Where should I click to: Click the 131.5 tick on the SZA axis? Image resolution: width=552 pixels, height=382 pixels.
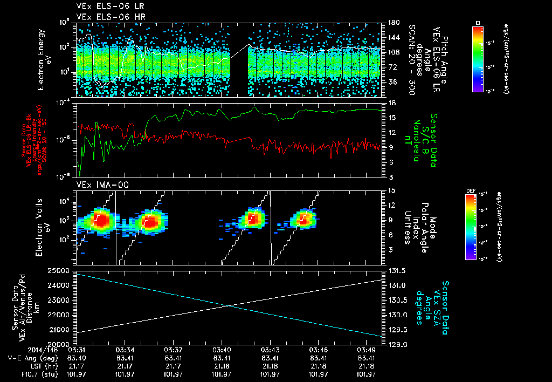click(x=397, y=270)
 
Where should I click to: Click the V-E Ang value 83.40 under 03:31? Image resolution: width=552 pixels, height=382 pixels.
click(x=78, y=358)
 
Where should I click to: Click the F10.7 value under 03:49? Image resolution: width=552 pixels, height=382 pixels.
click(x=367, y=373)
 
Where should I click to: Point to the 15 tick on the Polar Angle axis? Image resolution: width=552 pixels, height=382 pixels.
click(x=392, y=190)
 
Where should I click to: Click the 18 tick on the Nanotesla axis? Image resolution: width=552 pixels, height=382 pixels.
click(x=392, y=103)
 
